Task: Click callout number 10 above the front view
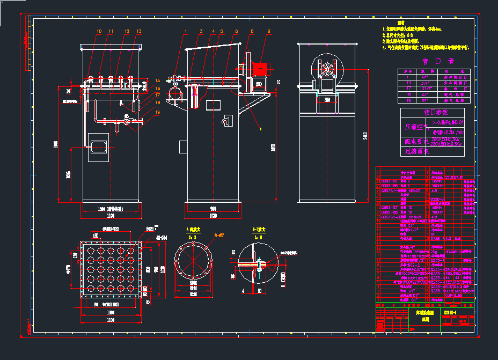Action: pos(99,32)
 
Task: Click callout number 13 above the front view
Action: pos(139,32)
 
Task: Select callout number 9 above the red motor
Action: pos(269,32)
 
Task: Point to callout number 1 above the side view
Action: pos(186,32)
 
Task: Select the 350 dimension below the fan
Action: pos(327,100)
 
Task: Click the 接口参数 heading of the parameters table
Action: pos(436,113)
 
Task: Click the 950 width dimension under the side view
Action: pos(213,208)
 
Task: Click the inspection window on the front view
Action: pos(99,145)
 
